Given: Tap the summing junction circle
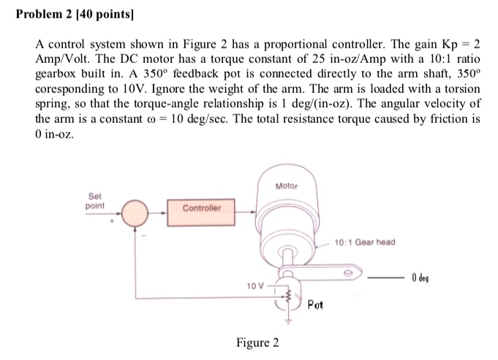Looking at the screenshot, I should pos(136,214).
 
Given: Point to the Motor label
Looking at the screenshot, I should pos(287,187).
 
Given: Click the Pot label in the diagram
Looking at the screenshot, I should pos(316,304).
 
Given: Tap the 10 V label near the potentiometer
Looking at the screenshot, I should pos(252,285).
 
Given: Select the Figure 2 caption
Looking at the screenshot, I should pos(257,342).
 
